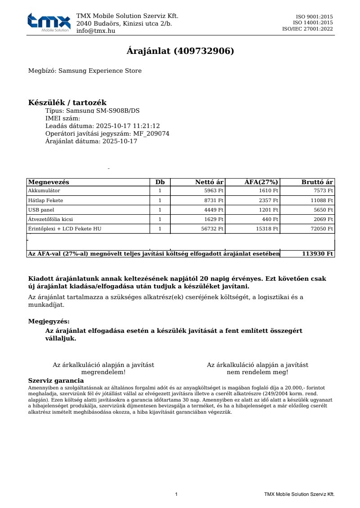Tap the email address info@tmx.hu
pos(95,31)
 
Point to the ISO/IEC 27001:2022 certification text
pos(307,29)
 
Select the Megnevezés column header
pos(49,182)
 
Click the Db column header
pos(160,182)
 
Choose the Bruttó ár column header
pos(317,182)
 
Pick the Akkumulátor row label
pos(44,191)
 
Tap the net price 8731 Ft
pos(213,200)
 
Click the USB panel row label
pos(40,210)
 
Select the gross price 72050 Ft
pos(322,229)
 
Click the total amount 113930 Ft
pos(317,254)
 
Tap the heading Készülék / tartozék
pos(67,103)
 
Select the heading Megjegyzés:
pos(49,322)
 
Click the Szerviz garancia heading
pos(56,381)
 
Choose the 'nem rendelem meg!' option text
pos(258,372)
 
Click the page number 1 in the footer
pos(176,495)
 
